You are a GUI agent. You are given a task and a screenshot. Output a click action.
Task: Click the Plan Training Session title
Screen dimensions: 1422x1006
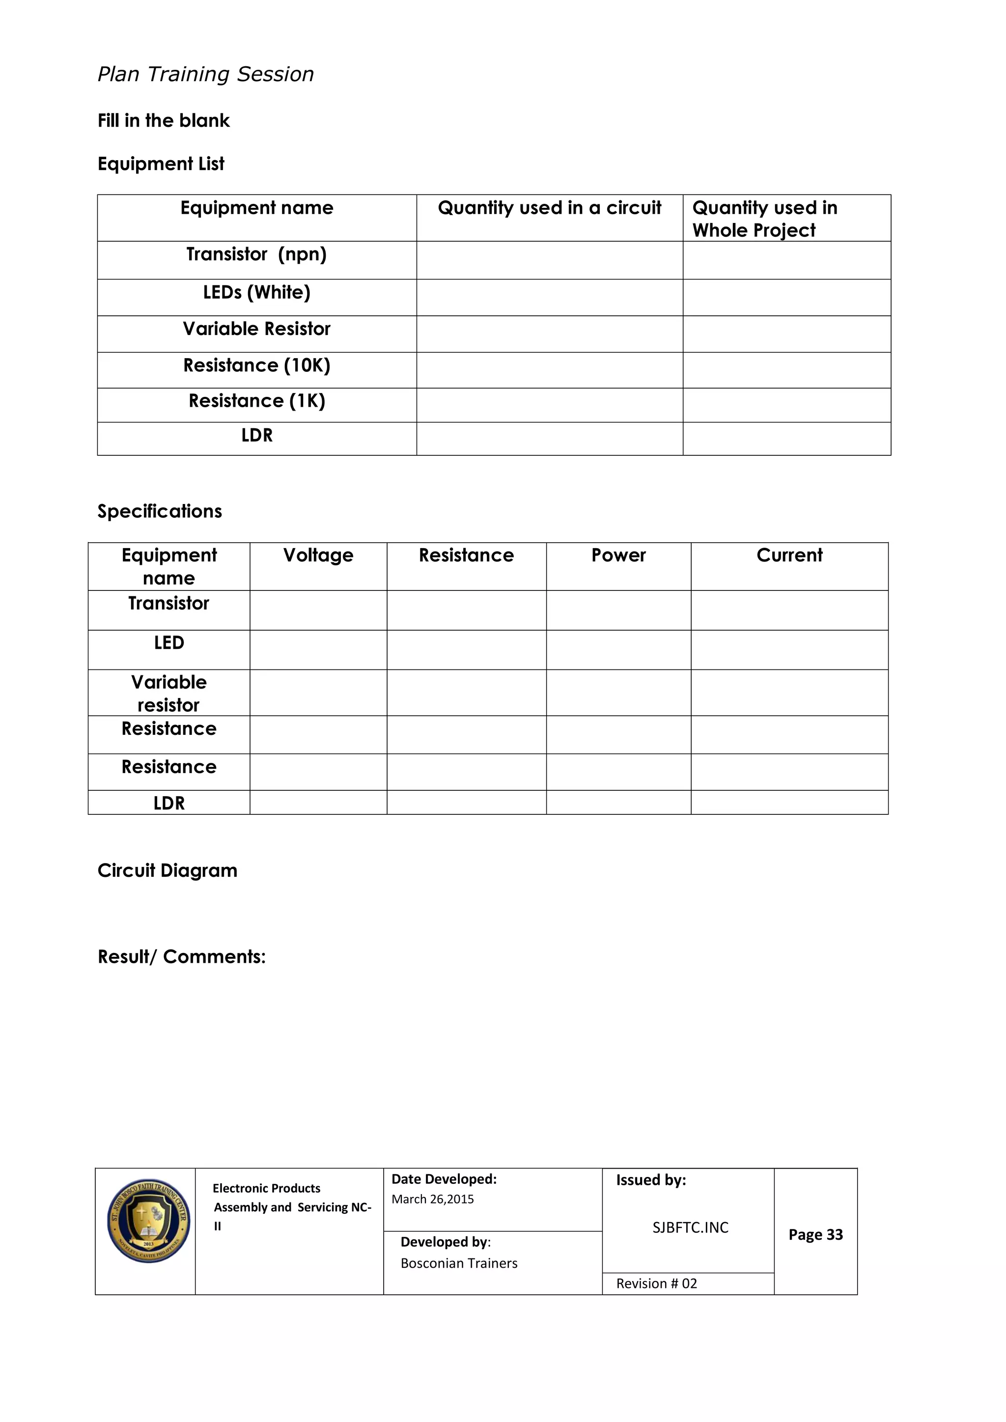pyautogui.click(x=206, y=74)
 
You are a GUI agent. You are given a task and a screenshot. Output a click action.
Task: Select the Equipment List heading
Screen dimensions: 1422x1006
pyautogui.click(x=161, y=164)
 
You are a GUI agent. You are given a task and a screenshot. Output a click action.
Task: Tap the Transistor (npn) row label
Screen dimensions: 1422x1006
pyautogui.click(x=256, y=254)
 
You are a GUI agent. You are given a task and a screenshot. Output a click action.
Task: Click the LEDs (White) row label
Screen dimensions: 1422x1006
pyautogui.click(x=256, y=292)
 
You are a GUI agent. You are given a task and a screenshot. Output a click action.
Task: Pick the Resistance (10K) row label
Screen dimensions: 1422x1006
pyautogui.click(x=256, y=365)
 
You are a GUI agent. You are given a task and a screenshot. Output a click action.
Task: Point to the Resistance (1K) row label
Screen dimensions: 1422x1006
pyautogui.click(x=256, y=401)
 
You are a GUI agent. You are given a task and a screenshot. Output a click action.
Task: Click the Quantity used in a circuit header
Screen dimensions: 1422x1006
pyautogui.click(x=550, y=208)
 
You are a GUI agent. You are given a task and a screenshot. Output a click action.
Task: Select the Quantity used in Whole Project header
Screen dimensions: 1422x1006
pyautogui.click(x=764, y=219)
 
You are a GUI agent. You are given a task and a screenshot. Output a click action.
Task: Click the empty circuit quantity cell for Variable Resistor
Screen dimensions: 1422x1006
pyautogui.click(x=550, y=335)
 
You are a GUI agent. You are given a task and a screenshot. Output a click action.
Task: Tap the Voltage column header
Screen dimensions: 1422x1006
pyautogui.click(x=318, y=556)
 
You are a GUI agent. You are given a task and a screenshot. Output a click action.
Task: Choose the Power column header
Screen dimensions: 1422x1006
pyautogui.click(x=618, y=556)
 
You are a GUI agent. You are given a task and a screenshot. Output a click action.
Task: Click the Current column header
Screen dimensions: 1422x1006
pyautogui.click(x=789, y=556)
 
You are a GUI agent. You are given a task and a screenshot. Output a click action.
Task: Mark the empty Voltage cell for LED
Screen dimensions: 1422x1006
pyautogui.click(x=318, y=650)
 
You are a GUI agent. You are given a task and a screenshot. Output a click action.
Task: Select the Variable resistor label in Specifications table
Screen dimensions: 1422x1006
pyautogui.click(x=168, y=694)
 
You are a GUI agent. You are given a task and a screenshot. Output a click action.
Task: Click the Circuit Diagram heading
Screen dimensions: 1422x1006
pyautogui.click(x=167, y=871)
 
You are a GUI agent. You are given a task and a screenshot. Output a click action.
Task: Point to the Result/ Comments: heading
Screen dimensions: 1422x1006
pyautogui.click(x=181, y=957)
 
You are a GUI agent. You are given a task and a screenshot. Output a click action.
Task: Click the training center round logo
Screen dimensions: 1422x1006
pyautogui.click(x=148, y=1221)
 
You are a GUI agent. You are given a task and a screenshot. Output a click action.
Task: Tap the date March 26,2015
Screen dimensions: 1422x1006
pyautogui.click(x=432, y=1199)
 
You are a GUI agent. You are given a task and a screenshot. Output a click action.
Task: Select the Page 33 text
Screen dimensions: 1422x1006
pyautogui.click(x=815, y=1235)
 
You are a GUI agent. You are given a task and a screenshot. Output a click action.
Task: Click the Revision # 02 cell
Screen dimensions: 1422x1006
pyautogui.click(x=657, y=1284)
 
